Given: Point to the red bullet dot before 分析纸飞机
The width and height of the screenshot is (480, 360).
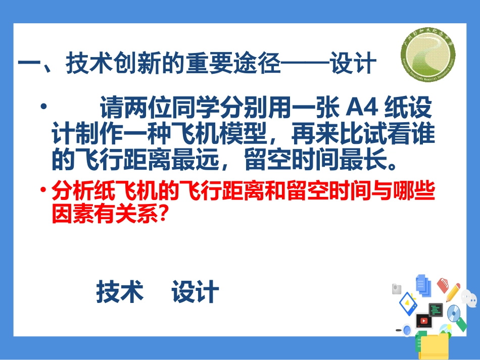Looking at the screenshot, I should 43,190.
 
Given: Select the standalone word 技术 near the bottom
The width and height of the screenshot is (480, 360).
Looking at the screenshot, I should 120,292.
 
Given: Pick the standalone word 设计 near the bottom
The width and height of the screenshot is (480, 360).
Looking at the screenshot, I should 195,292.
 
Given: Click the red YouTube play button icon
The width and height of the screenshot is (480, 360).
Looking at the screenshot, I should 423,320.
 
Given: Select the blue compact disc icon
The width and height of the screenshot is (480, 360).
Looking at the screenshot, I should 453,314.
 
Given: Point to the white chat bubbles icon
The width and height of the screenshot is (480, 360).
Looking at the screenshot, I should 470,298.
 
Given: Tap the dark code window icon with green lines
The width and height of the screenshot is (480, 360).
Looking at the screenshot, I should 436,309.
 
